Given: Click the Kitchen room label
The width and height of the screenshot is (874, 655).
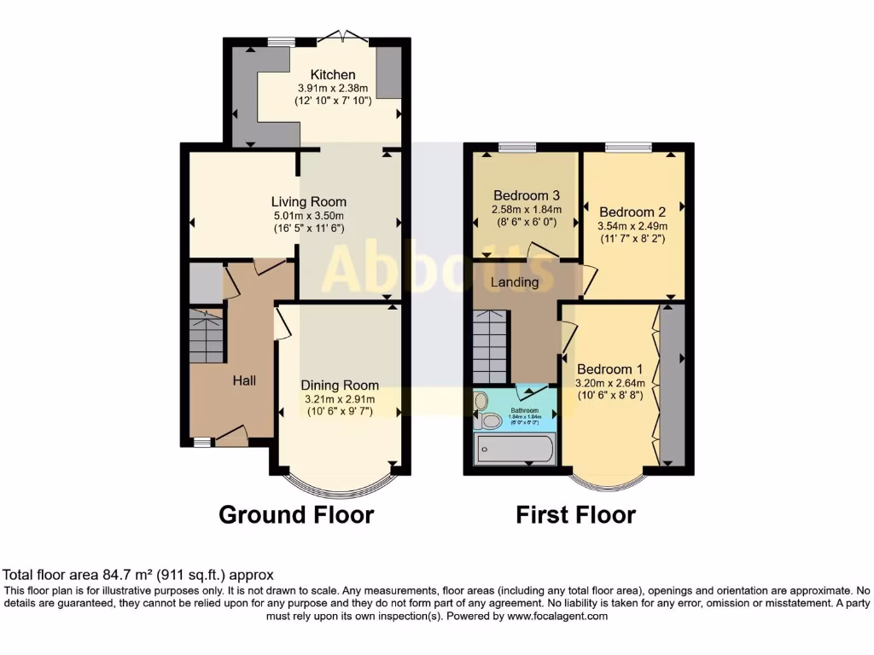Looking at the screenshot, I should click(x=332, y=75).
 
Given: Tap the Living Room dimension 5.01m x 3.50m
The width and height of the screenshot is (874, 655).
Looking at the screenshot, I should click(x=309, y=217).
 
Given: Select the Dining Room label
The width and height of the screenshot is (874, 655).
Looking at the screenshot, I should click(x=340, y=385).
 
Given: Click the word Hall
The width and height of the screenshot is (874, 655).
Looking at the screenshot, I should click(x=245, y=380).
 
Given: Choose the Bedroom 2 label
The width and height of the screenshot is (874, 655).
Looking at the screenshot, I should click(x=632, y=212).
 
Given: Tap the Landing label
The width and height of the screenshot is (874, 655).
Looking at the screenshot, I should click(x=515, y=282).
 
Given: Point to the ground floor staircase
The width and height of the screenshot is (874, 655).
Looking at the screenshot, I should click(x=206, y=336).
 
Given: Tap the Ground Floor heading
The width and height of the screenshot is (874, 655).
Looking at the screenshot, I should click(x=296, y=515).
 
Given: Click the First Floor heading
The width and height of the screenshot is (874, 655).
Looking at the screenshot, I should click(x=575, y=515).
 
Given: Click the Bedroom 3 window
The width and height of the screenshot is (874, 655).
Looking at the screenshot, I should click(x=517, y=148).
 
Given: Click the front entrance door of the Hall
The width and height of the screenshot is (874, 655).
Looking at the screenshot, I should click(x=230, y=438).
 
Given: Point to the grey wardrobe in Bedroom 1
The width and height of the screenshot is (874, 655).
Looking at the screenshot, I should click(x=673, y=384).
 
